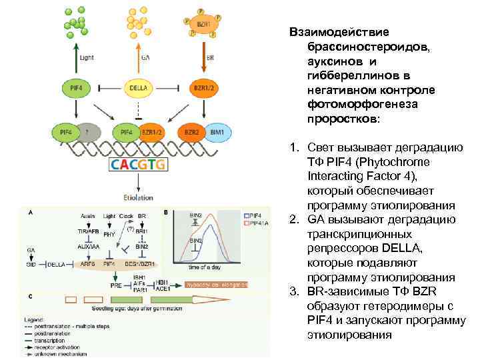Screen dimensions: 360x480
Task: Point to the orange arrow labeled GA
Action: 137,57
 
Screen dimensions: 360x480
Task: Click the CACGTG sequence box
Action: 139,164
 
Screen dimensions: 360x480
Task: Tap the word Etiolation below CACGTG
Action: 138,197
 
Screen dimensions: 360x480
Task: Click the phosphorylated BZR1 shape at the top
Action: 202,24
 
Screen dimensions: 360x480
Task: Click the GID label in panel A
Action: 31,265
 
